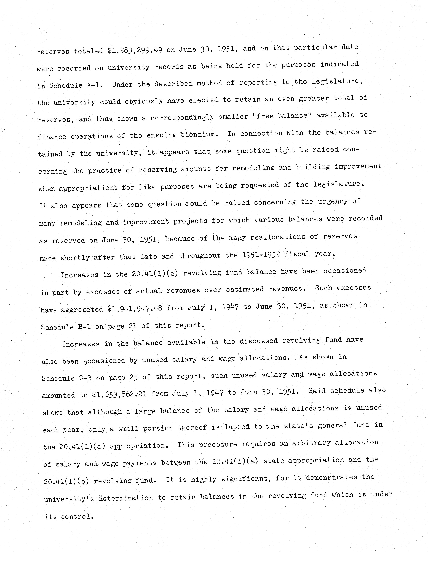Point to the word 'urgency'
(332, 201)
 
